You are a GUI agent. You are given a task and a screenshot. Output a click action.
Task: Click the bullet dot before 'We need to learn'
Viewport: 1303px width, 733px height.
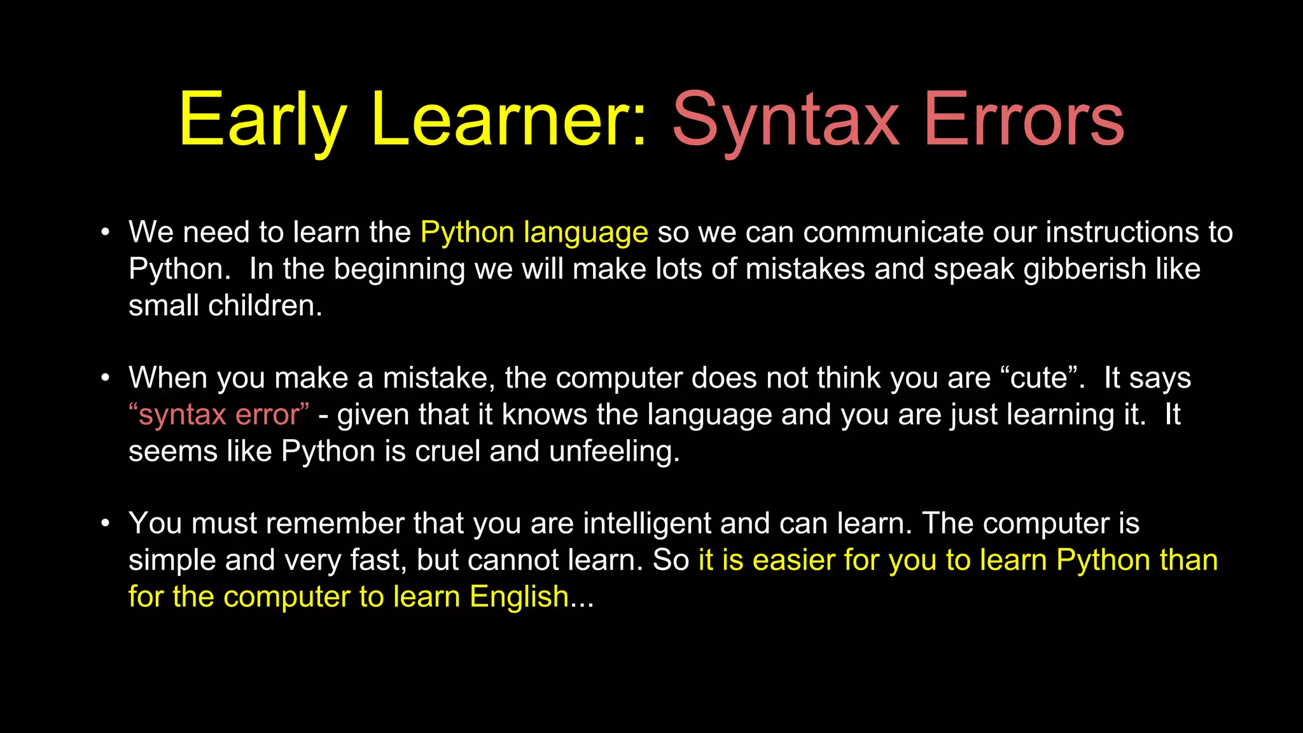[x=106, y=232]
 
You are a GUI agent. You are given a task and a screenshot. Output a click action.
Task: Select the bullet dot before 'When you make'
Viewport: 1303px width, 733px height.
[x=106, y=378]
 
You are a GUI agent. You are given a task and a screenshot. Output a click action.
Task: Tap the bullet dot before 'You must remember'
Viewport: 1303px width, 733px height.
[x=106, y=524]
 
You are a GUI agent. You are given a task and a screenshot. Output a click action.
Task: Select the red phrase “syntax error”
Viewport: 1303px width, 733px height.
[x=219, y=415]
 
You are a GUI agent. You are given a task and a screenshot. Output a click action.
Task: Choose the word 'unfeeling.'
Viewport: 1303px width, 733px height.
[x=615, y=452]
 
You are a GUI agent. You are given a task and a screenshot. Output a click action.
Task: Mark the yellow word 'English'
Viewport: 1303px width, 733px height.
[x=519, y=597]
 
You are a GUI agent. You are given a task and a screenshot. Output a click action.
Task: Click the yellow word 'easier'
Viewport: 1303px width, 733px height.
[x=793, y=561]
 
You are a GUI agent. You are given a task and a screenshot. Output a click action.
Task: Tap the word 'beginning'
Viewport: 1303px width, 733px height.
[x=400, y=269]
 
